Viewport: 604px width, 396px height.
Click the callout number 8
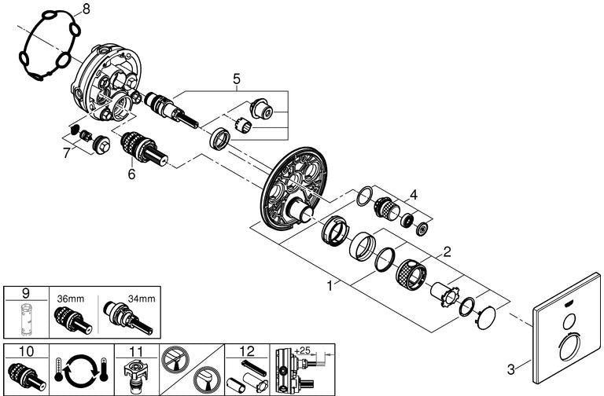86,9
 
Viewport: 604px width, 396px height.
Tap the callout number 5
237,79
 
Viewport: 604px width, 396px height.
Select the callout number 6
132,174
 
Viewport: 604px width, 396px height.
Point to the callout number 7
67,152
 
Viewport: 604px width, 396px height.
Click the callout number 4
414,195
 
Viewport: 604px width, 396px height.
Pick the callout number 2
447,252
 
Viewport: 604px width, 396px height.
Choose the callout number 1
330,286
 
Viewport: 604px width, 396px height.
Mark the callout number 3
510,370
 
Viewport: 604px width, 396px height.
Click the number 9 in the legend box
26,293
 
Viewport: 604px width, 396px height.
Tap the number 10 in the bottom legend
26,351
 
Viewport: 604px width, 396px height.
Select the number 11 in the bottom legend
136,351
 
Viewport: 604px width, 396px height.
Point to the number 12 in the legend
247,351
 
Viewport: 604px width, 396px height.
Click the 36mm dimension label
71,299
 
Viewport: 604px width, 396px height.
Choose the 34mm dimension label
142,299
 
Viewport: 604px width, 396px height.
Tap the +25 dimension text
302,350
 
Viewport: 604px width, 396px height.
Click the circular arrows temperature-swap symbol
82,370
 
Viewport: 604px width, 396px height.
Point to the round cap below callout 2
486,318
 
